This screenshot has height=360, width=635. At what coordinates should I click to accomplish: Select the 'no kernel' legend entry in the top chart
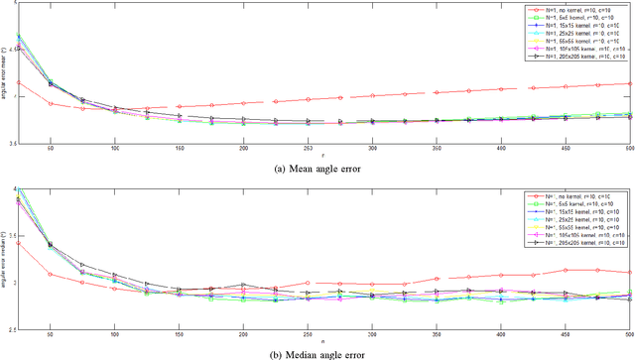[x=575, y=9]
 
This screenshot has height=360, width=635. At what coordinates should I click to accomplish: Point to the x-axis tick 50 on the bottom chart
[x=51, y=335]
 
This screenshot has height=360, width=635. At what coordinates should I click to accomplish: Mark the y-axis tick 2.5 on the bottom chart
[x=11, y=329]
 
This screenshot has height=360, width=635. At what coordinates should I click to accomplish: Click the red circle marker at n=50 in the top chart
[x=51, y=103]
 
